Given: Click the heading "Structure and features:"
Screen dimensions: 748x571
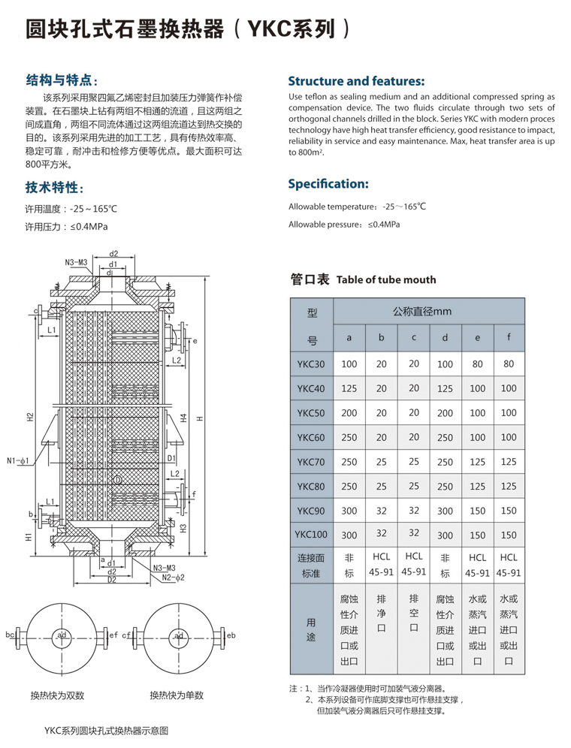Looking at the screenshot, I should tap(356, 81).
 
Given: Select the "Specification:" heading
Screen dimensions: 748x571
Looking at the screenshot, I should tap(328, 183).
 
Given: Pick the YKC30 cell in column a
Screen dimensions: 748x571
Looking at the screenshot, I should tap(349, 363).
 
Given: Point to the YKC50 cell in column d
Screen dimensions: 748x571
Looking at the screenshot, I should tap(445, 412).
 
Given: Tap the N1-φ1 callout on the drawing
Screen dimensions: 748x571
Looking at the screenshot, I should tap(17, 460).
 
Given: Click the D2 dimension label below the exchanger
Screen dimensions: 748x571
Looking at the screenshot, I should tap(111, 580).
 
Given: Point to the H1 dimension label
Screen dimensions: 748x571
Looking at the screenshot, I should tap(28, 537).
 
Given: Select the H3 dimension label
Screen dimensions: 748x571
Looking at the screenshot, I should tap(183, 527).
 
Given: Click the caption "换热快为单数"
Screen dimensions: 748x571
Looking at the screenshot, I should tap(177, 695).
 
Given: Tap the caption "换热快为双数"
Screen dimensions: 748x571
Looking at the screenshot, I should tap(57, 695).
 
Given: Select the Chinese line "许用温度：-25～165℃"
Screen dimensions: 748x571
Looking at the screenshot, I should tap(72, 208).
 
